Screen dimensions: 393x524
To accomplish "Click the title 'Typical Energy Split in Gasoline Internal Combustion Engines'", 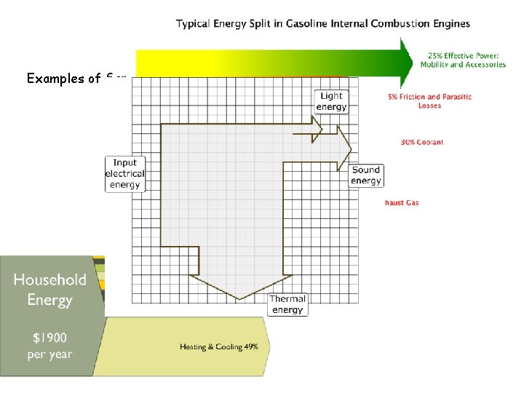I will click(322, 23).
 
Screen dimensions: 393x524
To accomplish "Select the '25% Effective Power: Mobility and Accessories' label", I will click(463, 60).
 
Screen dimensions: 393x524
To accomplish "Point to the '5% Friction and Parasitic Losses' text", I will click(429, 100).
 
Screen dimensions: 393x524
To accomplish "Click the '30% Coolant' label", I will click(422, 142).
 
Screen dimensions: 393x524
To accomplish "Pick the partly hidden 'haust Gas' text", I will click(402, 202).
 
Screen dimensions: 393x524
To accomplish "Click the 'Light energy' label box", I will click(331, 101).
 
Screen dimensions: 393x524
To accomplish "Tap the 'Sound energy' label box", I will click(365, 175).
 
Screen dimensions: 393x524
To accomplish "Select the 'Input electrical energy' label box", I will click(125, 174).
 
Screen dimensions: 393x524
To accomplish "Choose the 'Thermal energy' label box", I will click(287, 304).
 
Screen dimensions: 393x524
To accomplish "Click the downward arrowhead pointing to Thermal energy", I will click(239, 287).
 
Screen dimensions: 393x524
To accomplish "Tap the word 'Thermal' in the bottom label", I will click(287, 298).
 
